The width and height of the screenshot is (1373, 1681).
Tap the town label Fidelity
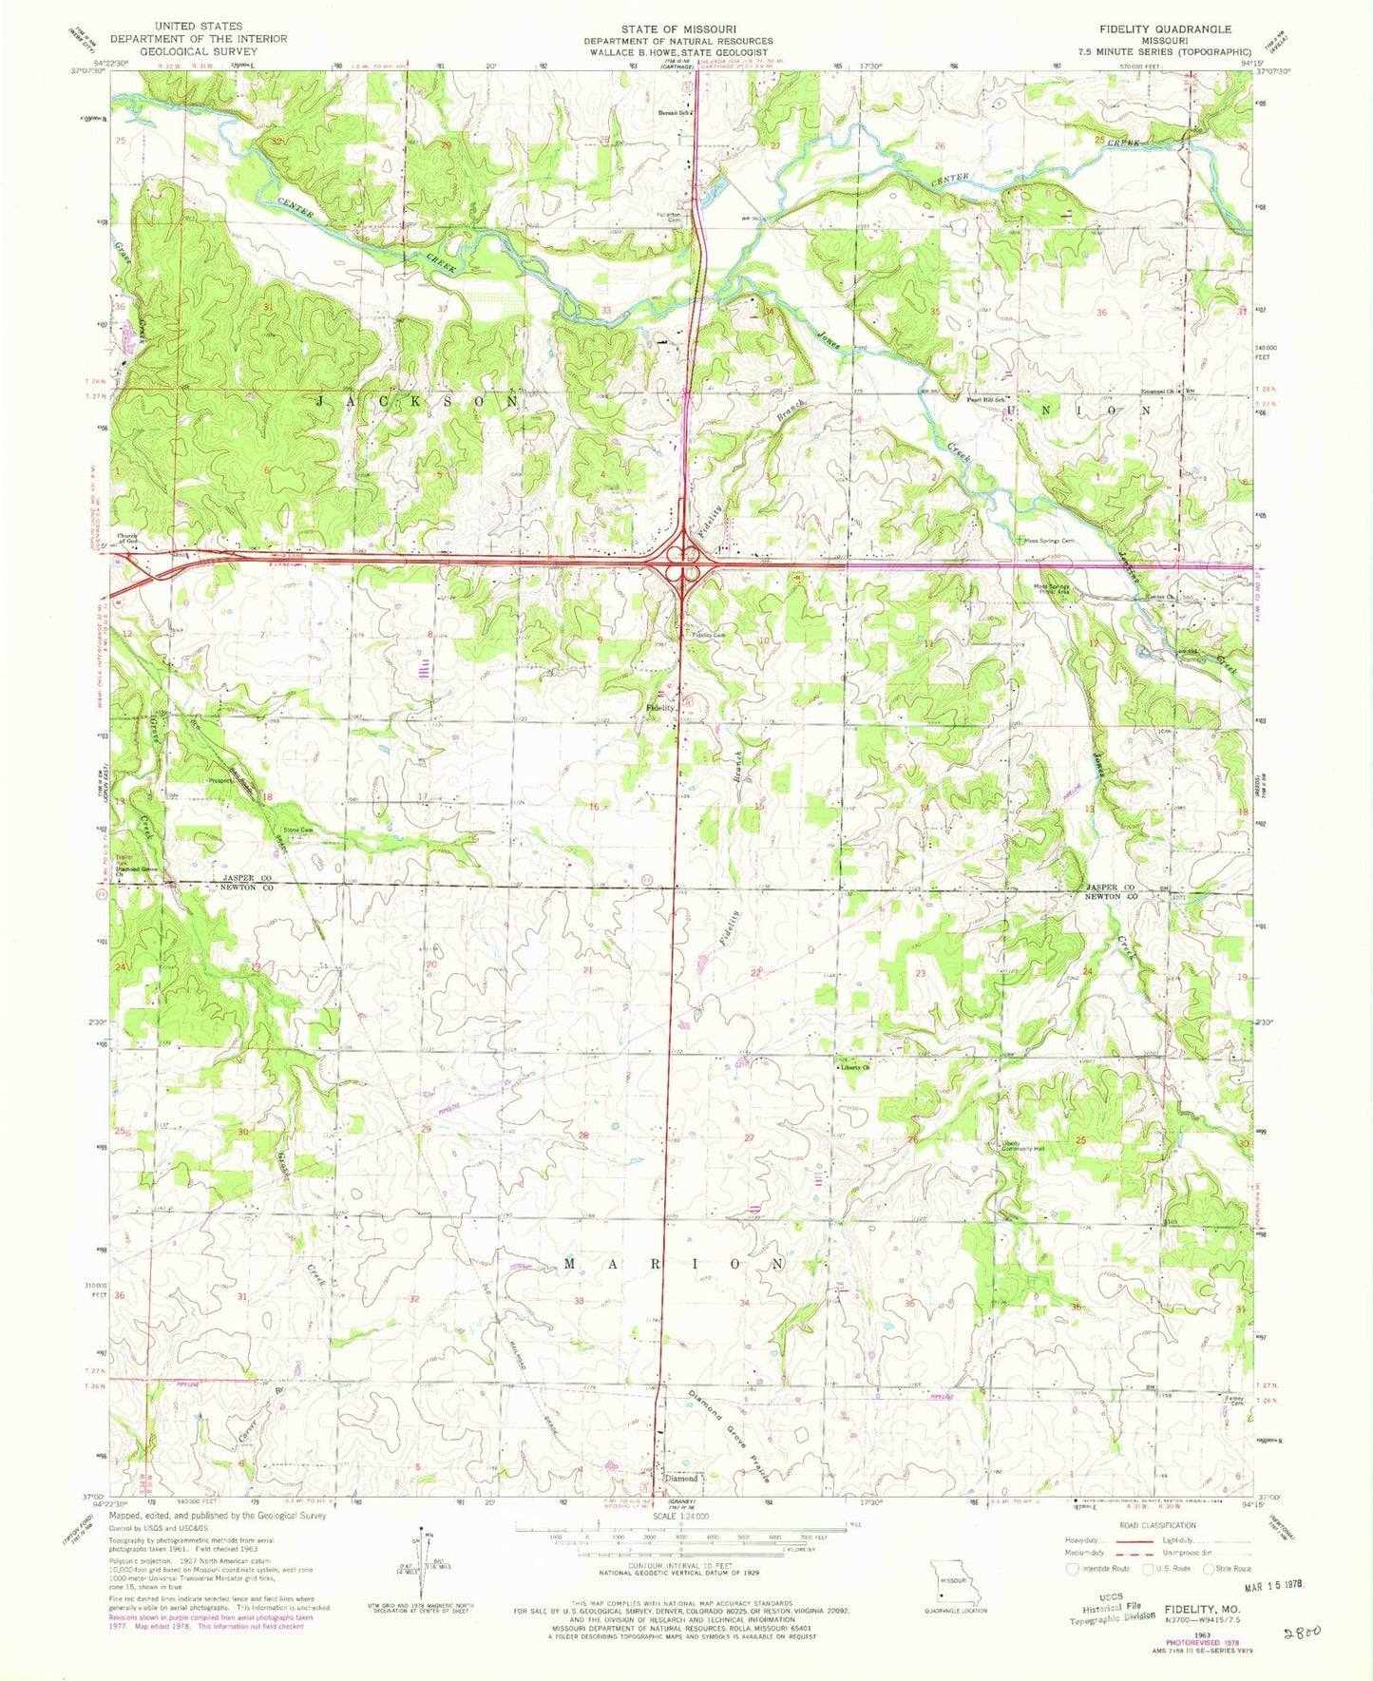click(660, 708)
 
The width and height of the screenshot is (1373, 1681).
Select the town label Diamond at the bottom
click(680, 1479)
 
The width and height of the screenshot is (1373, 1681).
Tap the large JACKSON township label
click(417, 402)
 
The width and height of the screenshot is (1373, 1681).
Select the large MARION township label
click(676, 1264)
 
